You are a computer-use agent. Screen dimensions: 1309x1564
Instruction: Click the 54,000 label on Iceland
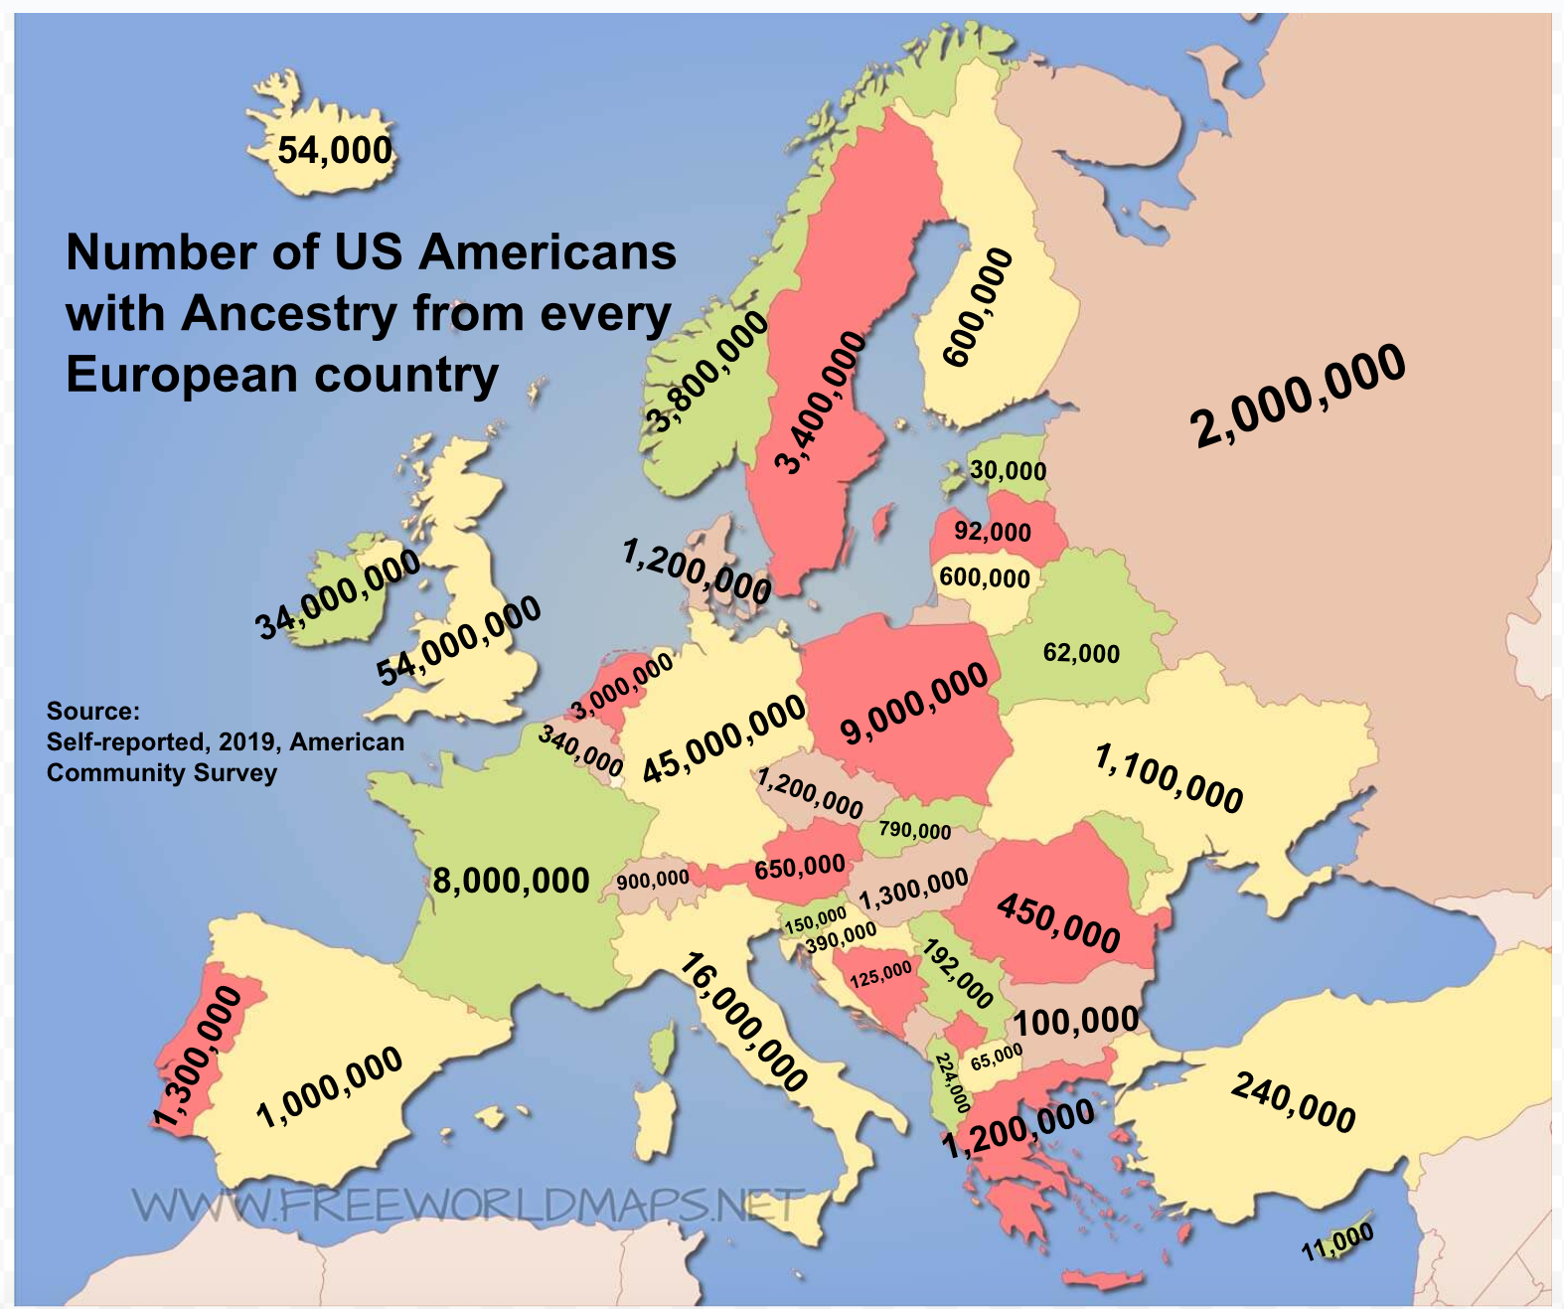click(x=335, y=151)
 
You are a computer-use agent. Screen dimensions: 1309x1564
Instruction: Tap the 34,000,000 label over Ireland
click(x=338, y=595)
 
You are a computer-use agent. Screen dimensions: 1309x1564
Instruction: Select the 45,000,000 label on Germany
click(x=723, y=738)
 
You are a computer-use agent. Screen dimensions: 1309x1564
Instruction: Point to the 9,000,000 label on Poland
click(x=914, y=704)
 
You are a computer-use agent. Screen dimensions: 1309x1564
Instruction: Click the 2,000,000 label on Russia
click(x=1298, y=395)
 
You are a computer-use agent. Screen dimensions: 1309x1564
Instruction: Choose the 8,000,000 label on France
click(x=511, y=881)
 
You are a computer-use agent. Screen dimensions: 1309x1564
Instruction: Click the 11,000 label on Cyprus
click(x=1337, y=1242)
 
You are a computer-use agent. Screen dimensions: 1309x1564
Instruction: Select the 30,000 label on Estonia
click(x=1008, y=470)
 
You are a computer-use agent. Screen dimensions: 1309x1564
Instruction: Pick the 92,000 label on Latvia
click(x=993, y=532)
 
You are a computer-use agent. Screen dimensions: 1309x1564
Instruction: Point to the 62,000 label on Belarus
click(x=1081, y=653)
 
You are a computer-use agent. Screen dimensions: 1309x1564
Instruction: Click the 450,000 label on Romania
click(x=1058, y=923)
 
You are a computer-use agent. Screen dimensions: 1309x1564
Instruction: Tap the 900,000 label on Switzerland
click(x=652, y=880)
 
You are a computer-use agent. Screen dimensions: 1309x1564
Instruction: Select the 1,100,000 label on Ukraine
click(x=1169, y=778)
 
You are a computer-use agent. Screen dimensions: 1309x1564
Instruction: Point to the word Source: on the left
click(x=93, y=711)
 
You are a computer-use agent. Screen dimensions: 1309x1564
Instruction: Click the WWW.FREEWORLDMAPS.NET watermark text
click(x=467, y=1206)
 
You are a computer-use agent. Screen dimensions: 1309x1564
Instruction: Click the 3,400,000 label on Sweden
click(x=820, y=403)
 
